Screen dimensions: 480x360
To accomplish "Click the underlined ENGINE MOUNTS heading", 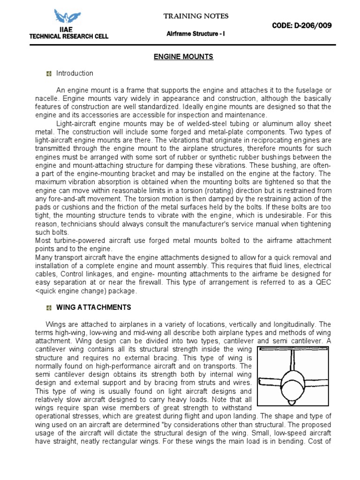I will [x=184, y=57].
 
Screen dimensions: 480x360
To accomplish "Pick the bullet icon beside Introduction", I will [x=48, y=74].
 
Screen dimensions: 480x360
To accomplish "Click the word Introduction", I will [x=75, y=74].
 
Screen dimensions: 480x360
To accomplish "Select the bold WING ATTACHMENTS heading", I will [x=94, y=307].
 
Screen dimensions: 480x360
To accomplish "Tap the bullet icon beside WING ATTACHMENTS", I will [x=48, y=308].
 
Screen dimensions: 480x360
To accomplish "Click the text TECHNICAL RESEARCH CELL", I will [x=68, y=37].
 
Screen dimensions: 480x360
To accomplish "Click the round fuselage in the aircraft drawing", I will [x=292, y=385].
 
